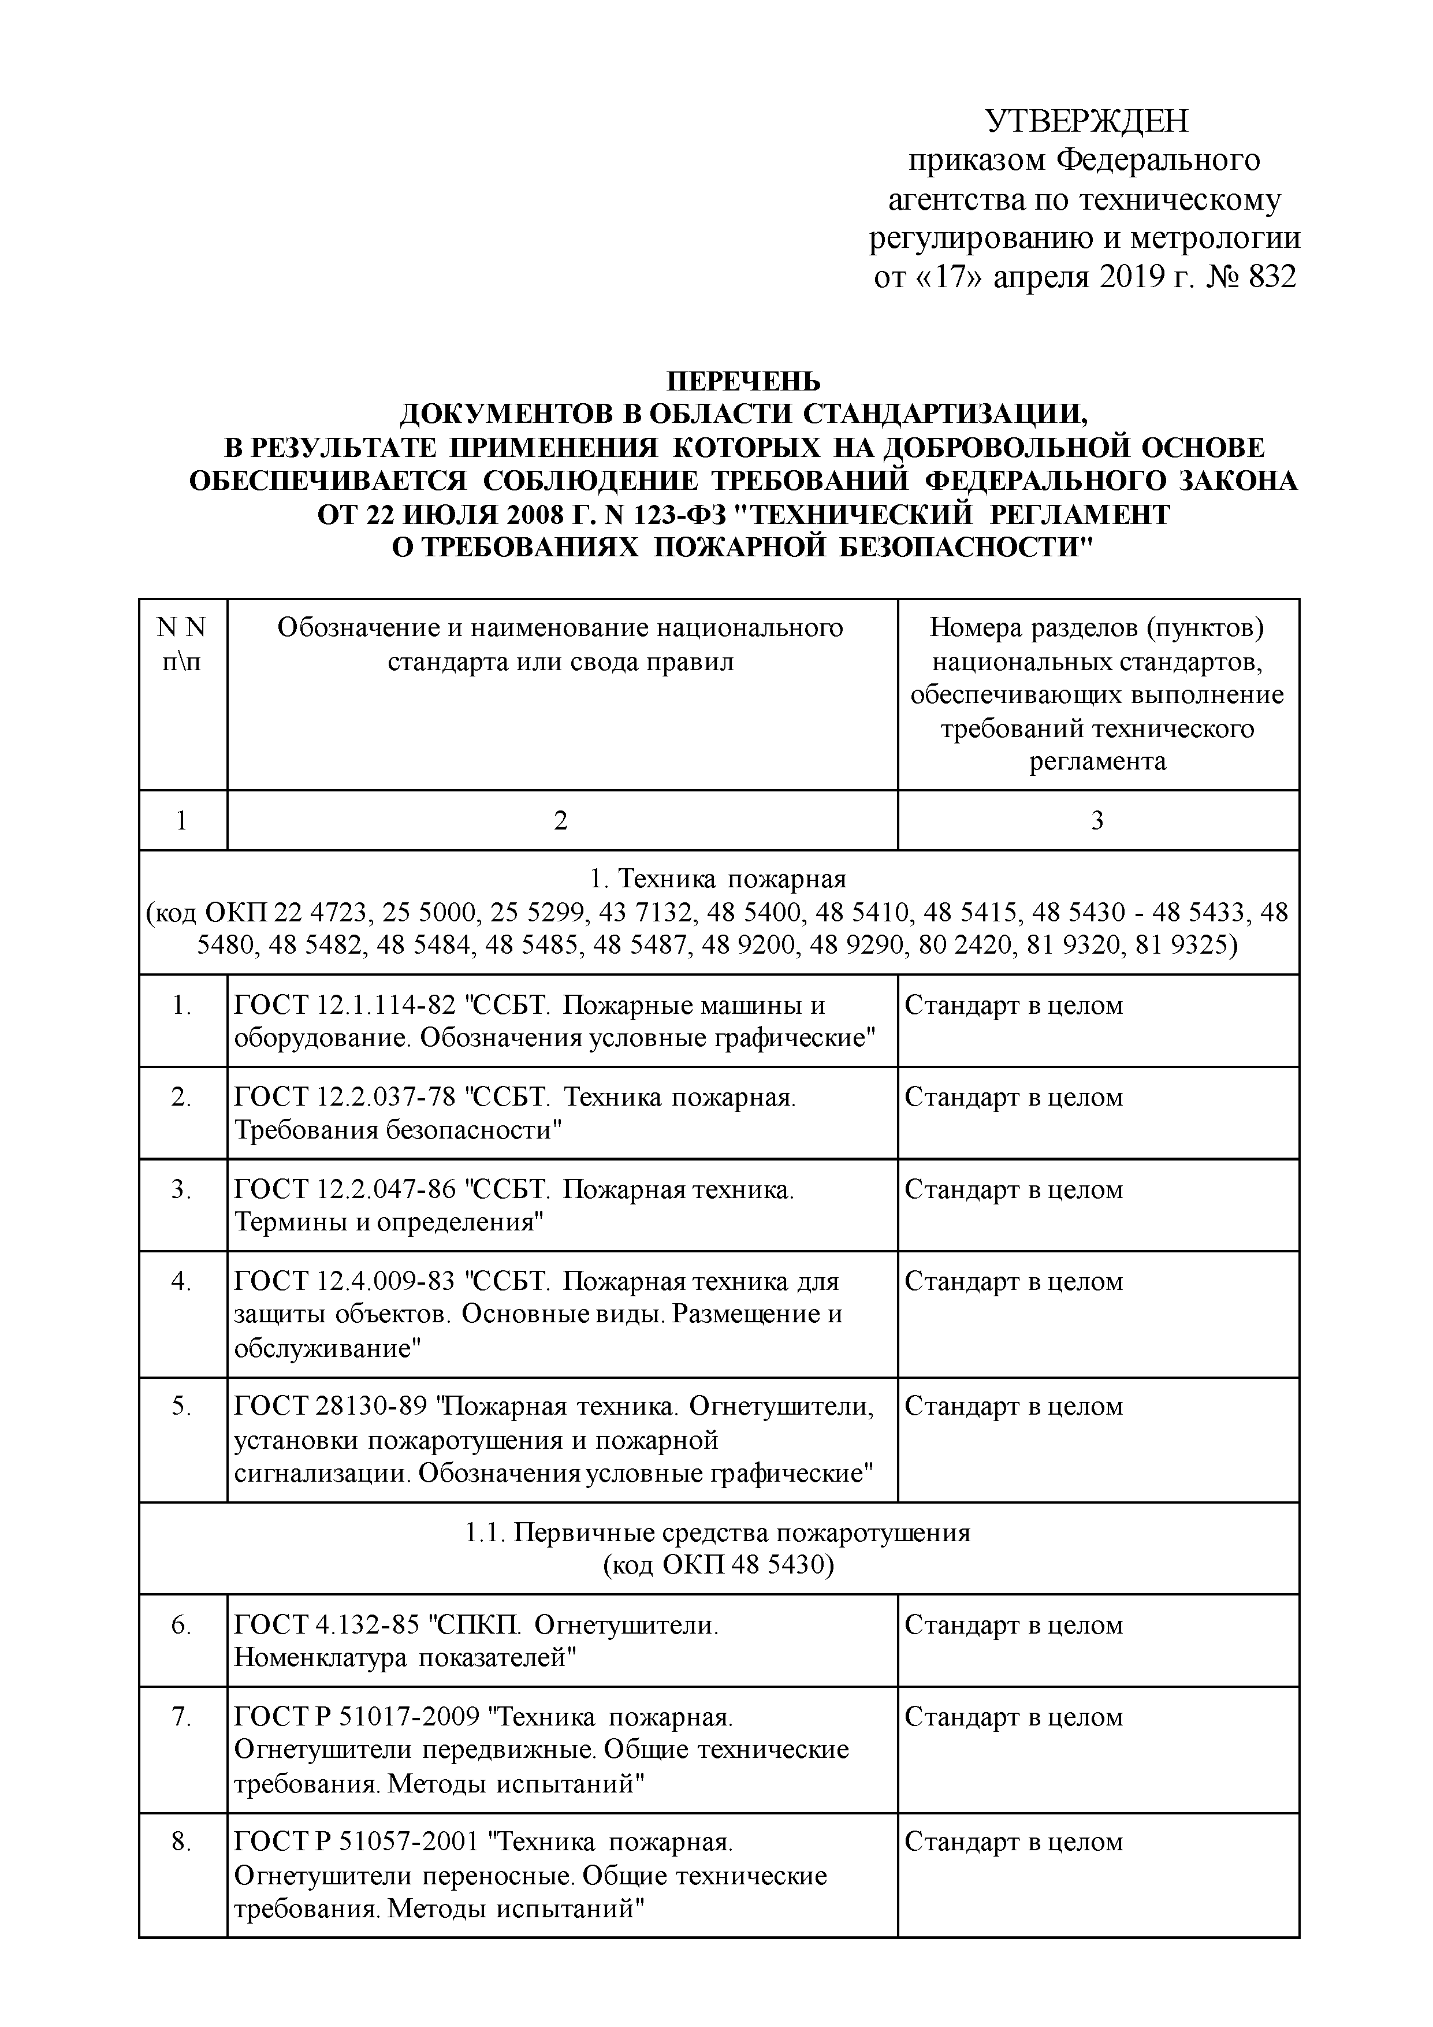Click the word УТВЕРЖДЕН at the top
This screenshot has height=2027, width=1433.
pos(1087,121)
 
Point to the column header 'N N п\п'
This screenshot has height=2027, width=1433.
pos(182,645)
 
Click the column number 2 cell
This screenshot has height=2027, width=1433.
pos(561,821)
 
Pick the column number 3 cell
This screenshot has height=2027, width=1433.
pos(1097,821)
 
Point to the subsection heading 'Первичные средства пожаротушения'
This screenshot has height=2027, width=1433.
pos(742,1532)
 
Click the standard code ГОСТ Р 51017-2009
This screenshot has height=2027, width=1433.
pos(356,1717)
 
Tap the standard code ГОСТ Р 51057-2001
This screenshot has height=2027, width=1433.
pos(356,1843)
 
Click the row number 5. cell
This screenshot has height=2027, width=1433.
pos(182,1407)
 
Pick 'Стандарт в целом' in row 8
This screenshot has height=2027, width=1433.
pos(1014,1843)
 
